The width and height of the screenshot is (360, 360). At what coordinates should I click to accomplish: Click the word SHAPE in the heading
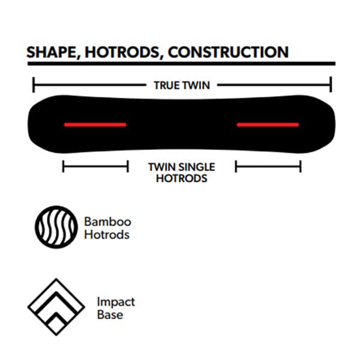tap(52, 52)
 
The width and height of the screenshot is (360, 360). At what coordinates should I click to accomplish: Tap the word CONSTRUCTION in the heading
tap(228, 52)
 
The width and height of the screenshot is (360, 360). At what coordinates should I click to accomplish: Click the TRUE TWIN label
tap(182, 85)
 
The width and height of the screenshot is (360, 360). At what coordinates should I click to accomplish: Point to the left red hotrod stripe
tap(95, 125)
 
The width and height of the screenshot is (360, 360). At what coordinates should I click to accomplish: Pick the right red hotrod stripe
tap(268, 125)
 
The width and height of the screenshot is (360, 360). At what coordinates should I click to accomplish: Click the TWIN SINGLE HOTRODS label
tap(182, 173)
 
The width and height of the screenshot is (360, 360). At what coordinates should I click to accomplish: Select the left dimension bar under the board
tap(95, 166)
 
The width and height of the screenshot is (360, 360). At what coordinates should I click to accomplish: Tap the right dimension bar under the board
tap(268, 166)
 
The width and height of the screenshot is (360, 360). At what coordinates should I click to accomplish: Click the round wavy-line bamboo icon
tap(36, 227)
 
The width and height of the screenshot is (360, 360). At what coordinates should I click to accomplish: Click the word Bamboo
tap(107, 222)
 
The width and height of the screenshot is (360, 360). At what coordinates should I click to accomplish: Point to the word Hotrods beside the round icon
tap(107, 235)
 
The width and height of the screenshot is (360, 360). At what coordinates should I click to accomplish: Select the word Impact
tap(116, 302)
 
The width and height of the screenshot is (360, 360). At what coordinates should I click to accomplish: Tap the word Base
tap(110, 314)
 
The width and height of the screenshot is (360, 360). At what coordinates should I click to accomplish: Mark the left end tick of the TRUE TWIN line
tap(34, 85)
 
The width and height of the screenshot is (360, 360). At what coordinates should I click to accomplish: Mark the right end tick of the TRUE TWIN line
tap(331, 85)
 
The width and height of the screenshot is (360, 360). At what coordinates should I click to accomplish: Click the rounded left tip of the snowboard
tap(28, 124)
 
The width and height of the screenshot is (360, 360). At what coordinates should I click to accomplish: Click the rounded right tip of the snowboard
tap(335, 124)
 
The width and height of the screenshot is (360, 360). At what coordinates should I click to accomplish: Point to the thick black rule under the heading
tap(181, 64)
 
